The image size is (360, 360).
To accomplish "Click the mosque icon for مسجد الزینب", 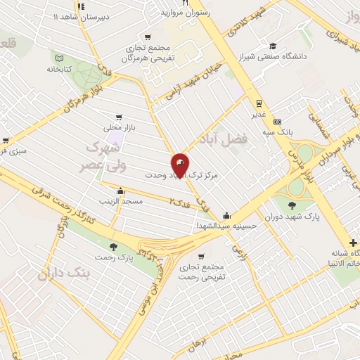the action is (x=120, y=191).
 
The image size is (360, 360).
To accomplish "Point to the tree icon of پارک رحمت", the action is (x=114, y=246).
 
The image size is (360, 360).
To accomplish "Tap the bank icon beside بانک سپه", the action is (x=277, y=121).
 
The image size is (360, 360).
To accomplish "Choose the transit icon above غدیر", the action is (x=259, y=101).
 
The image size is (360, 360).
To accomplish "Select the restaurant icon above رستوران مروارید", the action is (x=186, y=4).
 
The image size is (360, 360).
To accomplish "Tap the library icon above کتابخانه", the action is (x=59, y=58).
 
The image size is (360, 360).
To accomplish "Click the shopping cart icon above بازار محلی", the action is (x=119, y=117).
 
